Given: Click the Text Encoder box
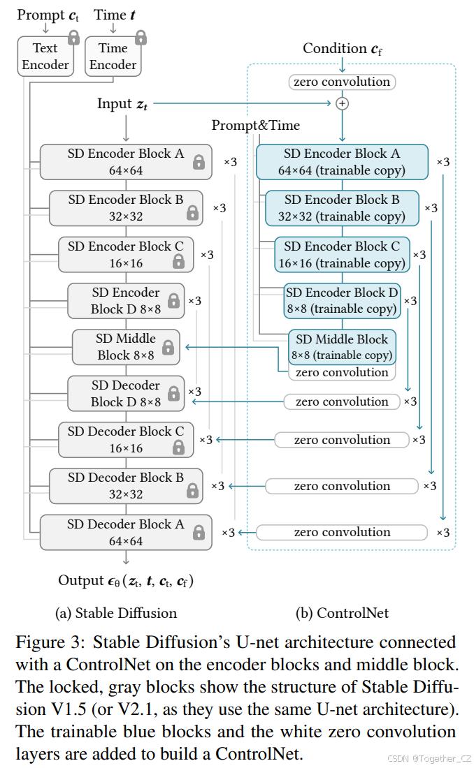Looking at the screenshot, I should [45, 57].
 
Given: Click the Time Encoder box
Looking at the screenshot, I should [113, 57].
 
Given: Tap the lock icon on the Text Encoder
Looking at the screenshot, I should [73, 38].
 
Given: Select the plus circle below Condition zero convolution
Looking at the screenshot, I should [342, 103].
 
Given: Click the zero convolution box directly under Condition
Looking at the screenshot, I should [342, 82].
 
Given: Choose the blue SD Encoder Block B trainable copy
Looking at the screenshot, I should [342, 208].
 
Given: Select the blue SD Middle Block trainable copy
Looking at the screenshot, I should [342, 346].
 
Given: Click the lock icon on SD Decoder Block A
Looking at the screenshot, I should [199, 533].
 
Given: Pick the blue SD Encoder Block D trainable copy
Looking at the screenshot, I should [342, 301].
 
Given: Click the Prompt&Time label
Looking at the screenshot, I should [255, 126].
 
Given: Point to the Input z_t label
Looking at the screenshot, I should [122, 104].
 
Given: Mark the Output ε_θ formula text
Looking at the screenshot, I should [126, 581].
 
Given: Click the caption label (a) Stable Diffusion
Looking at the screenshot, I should [116, 614].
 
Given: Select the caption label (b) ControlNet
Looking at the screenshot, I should [342, 614].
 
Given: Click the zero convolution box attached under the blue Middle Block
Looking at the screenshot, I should [342, 373].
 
